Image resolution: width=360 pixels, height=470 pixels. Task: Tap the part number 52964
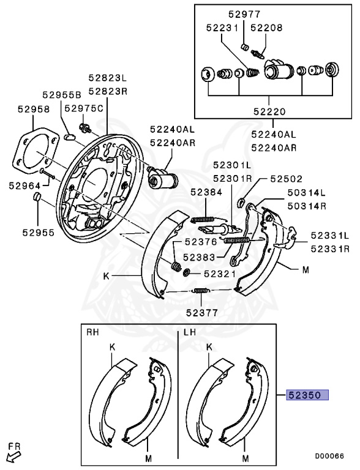(24, 185)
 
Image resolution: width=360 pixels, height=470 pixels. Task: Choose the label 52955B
(61, 95)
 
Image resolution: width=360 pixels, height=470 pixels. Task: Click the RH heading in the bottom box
(92, 332)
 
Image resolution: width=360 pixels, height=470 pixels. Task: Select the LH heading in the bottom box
(189, 332)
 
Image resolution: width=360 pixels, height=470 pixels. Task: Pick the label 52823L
(107, 78)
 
